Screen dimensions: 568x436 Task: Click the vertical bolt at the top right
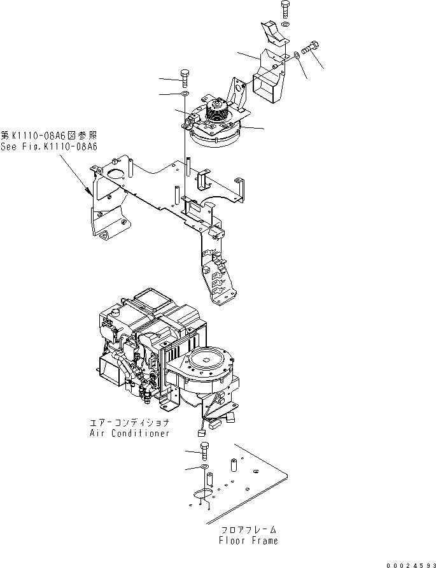285,10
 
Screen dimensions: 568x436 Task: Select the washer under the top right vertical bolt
286,24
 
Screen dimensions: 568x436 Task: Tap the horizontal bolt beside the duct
311,48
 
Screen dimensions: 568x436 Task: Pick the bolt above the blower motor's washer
185,78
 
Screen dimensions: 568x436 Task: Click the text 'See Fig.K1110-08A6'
49,146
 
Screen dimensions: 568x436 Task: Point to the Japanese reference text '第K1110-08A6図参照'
49,136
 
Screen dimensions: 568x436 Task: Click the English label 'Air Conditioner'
130,433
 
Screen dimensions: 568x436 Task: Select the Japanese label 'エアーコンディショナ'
130,423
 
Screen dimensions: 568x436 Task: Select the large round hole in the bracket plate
115,173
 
